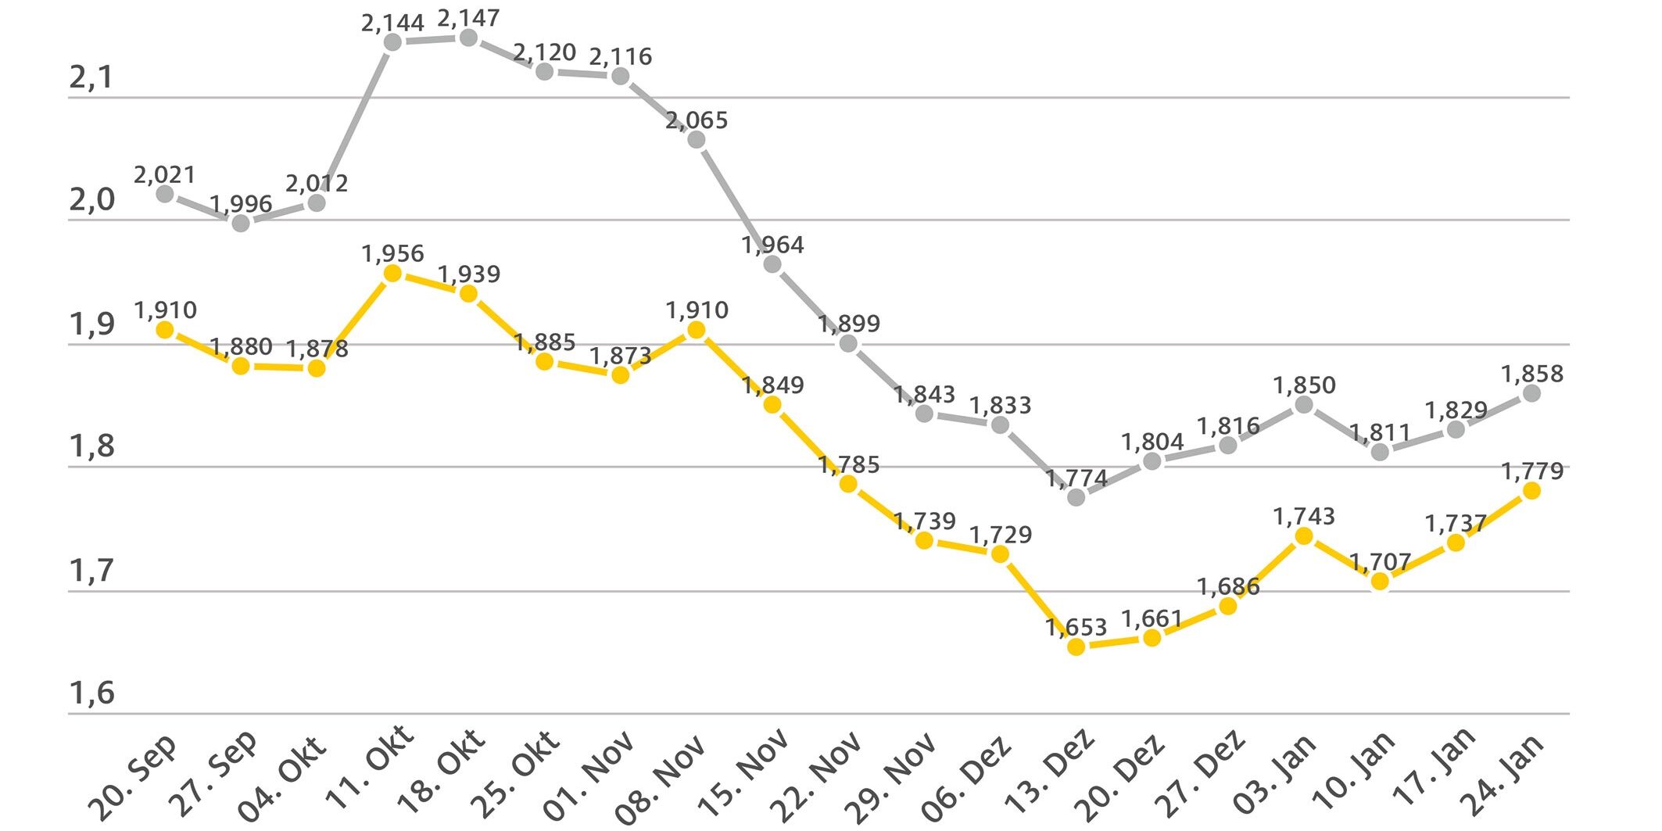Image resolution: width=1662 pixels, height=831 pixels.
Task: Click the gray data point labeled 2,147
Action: coord(468,38)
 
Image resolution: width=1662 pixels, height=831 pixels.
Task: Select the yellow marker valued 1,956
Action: coord(392,273)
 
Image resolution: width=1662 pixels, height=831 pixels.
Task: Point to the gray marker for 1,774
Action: coord(1076,496)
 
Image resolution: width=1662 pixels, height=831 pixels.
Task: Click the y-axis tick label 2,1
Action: coord(91,77)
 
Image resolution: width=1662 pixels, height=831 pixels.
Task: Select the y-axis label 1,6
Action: coord(91,693)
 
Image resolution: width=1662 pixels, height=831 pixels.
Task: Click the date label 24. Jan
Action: coord(1503,774)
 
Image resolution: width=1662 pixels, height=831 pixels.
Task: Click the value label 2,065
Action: coord(697,120)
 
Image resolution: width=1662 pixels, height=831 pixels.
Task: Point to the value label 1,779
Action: coord(1532,471)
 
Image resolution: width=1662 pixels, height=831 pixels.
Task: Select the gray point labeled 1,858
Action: coord(1531,393)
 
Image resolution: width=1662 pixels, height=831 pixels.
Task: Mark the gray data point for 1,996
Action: coord(241,223)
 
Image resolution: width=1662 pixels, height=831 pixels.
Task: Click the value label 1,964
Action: coord(772,245)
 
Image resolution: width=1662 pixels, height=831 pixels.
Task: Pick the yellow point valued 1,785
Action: coord(848,484)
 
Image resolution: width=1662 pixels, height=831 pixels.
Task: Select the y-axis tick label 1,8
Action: coord(91,446)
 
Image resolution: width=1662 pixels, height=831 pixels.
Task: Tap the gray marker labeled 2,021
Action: coord(165,193)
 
